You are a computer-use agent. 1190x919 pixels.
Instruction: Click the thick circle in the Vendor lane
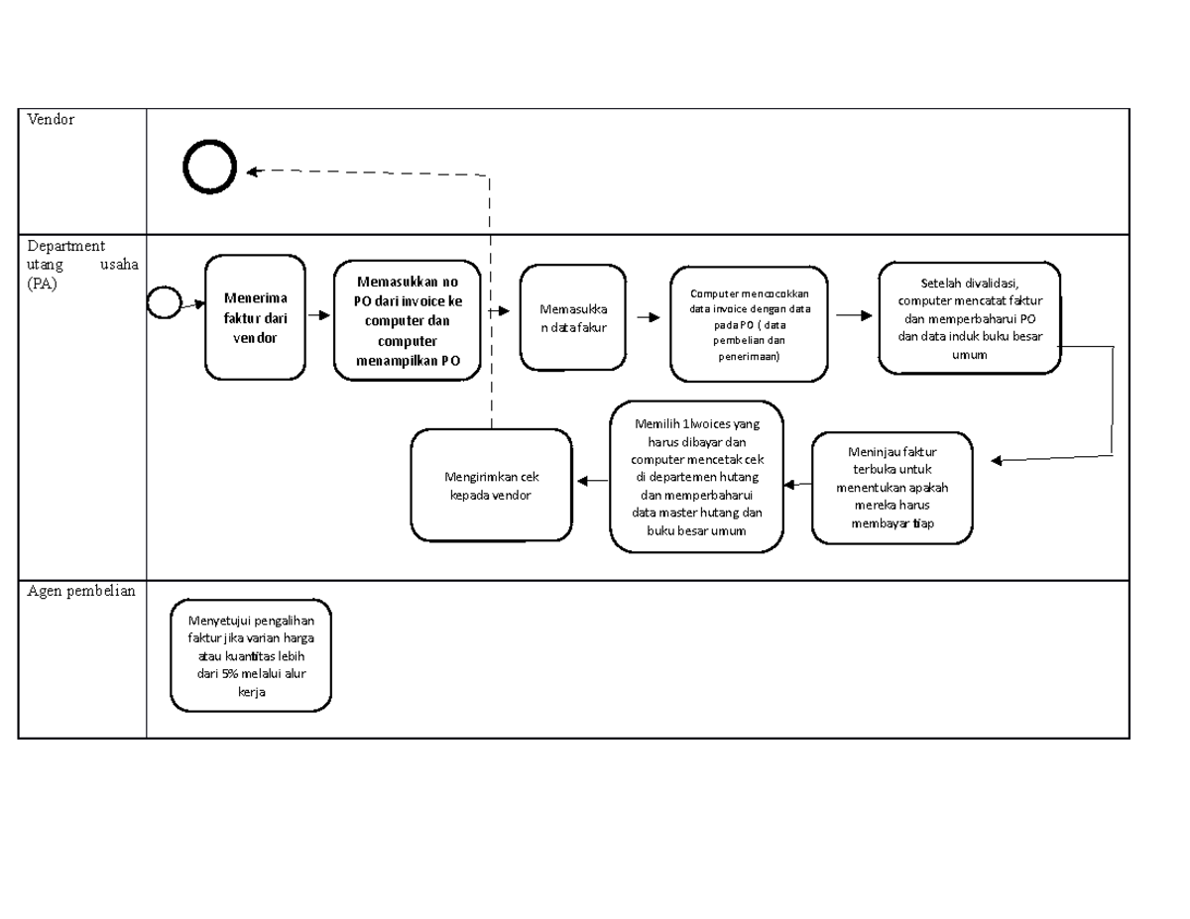pyautogui.click(x=209, y=168)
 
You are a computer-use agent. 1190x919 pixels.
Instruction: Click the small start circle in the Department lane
pyautogui.click(x=164, y=302)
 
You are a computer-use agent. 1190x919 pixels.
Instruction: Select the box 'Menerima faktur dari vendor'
pyautogui.click(x=256, y=317)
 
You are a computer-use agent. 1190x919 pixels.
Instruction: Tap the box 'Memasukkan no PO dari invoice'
pyautogui.click(x=408, y=320)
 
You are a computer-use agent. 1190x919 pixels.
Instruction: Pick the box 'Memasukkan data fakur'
pyautogui.click(x=573, y=317)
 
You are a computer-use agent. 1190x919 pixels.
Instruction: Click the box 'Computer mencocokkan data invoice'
pyautogui.click(x=749, y=323)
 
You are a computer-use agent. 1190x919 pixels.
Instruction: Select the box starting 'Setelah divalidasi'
pyautogui.click(x=969, y=317)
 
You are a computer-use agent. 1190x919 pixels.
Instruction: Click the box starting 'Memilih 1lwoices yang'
pyautogui.click(x=696, y=476)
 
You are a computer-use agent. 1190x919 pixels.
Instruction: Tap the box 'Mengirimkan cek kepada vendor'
pyautogui.click(x=493, y=485)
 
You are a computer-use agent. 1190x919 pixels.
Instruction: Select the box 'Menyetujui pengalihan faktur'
pyautogui.click(x=250, y=655)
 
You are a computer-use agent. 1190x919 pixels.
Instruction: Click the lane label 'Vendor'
pyautogui.click(x=51, y=120)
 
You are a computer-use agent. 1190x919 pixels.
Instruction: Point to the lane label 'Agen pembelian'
pyautogui.click(x=81, y=592)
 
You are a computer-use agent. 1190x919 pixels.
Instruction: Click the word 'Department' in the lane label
pyautogui.click(x=66, y=246)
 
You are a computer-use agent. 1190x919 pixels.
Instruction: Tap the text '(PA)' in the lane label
pyautogui.click(x=44, y=284)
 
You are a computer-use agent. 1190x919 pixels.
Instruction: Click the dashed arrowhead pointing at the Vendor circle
pyautogui.click(x=253, y=172)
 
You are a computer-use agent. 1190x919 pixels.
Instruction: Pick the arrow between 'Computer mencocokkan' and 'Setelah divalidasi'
pyautogui.click(x=853, y=315)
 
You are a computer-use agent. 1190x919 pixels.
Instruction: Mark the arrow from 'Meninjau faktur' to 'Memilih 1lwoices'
pyautogui.click(x=797, y=485)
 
